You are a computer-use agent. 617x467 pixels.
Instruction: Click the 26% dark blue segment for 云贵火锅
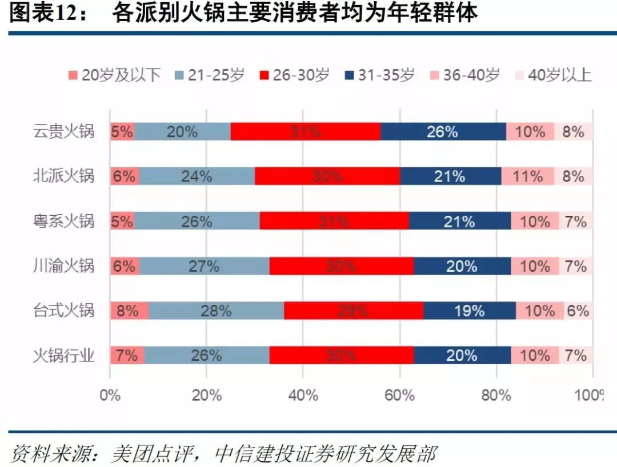coord(443,132)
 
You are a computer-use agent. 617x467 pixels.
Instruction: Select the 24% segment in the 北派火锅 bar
coord(197,176)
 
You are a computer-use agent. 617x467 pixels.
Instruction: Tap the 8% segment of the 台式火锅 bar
coord(129,311)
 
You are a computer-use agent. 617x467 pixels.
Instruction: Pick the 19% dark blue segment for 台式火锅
coord(470,311)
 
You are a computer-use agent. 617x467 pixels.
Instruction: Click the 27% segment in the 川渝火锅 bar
coord(204,266)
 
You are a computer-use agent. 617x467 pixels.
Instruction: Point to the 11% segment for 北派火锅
coord(528,176)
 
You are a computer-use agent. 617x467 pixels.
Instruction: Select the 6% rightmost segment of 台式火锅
coord(578,311)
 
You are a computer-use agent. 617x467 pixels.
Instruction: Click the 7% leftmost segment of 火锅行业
coord(126,356)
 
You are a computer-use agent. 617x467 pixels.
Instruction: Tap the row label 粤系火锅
coord(63,222)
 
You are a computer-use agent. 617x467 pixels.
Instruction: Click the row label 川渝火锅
coord(63,266)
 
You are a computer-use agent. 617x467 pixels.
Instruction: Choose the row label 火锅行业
coord(63,356)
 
